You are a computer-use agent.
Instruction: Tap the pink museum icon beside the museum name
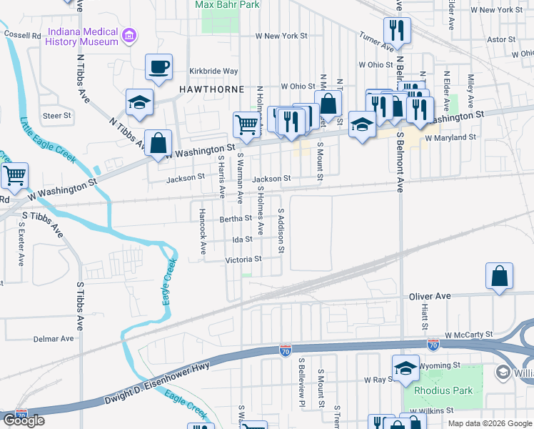coord(129,36)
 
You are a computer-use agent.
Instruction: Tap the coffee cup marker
coord(158,67)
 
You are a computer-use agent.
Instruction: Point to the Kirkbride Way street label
coord(213,71)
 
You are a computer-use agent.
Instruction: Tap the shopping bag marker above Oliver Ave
coord(500,277)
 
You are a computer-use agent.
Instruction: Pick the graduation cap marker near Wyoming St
coord(405,368)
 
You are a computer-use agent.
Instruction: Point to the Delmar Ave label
coord(58,338)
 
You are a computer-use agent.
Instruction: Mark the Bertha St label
coord(236,219)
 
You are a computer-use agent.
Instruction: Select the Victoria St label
coord(244,260)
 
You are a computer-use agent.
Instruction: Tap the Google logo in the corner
coord(24,420)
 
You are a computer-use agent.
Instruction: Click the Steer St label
coord(57,115)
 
